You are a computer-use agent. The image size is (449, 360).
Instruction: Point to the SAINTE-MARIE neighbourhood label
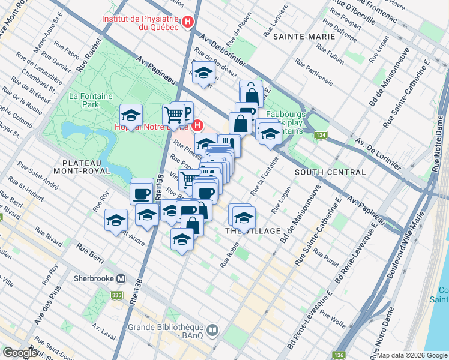click(x=295, y=37)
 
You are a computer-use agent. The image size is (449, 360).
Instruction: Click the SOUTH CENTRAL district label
click(x=330, y=172)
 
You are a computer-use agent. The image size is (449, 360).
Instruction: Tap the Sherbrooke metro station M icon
click(x=122, y=278)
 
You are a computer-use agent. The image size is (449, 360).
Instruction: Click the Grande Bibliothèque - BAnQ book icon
click(x=212, y=329)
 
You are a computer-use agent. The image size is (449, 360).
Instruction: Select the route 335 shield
click(x=116, y=295)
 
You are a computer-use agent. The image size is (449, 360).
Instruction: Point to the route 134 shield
click(x=322, y=136)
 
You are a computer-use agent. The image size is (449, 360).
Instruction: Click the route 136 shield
click(x=339, y=355)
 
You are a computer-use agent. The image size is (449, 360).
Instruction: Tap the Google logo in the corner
click(x=20, y=353)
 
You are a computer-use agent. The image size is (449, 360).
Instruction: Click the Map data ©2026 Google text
click(x=412, y=355)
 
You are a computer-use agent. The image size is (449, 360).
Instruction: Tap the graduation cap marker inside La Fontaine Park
click(x=130, y=114)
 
